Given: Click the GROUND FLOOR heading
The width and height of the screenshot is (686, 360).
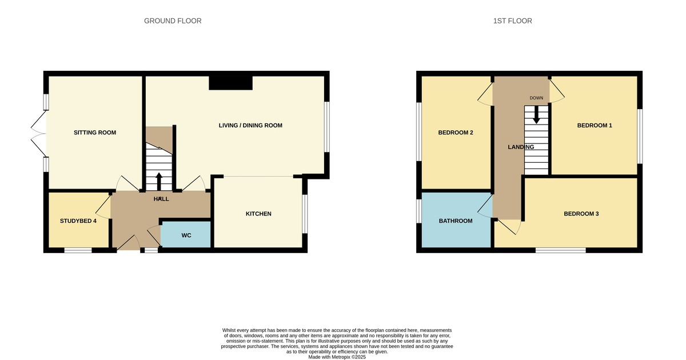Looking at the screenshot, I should [x=173, y=21].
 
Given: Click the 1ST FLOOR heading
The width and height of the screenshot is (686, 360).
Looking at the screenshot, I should [x=512, y=21].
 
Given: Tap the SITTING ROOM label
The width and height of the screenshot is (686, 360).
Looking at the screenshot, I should [x=95, y=133].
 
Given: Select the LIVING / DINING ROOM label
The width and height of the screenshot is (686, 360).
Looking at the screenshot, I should [x=251, y=125].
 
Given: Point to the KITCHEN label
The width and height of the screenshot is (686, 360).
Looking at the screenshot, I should [x=258, y=214].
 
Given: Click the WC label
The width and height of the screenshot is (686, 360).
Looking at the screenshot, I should [x=186, y=235].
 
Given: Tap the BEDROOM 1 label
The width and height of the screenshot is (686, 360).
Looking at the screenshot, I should [x=595, y=125].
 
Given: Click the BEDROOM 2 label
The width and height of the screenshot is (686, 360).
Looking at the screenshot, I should [x=456, y=133].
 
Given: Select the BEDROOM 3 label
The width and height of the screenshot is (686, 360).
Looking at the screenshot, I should [x=581, y=214].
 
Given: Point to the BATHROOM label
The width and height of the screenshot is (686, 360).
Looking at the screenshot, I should [x=456, y=221].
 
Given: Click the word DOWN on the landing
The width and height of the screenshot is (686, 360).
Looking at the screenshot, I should [x=536, y=98].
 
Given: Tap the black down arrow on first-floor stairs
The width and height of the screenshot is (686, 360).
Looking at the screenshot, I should [x=536, y=115].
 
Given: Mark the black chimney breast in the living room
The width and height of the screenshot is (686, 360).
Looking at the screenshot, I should [x=231, y=83].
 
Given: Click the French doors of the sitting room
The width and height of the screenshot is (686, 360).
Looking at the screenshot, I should [x=39, y=133].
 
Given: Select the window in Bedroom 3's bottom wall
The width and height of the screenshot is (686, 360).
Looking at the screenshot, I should [x=560, y=250].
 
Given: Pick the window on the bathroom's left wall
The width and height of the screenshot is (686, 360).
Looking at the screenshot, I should [x=419, y=210].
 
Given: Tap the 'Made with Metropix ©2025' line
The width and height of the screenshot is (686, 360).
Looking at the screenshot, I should [x=337, y=357].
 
